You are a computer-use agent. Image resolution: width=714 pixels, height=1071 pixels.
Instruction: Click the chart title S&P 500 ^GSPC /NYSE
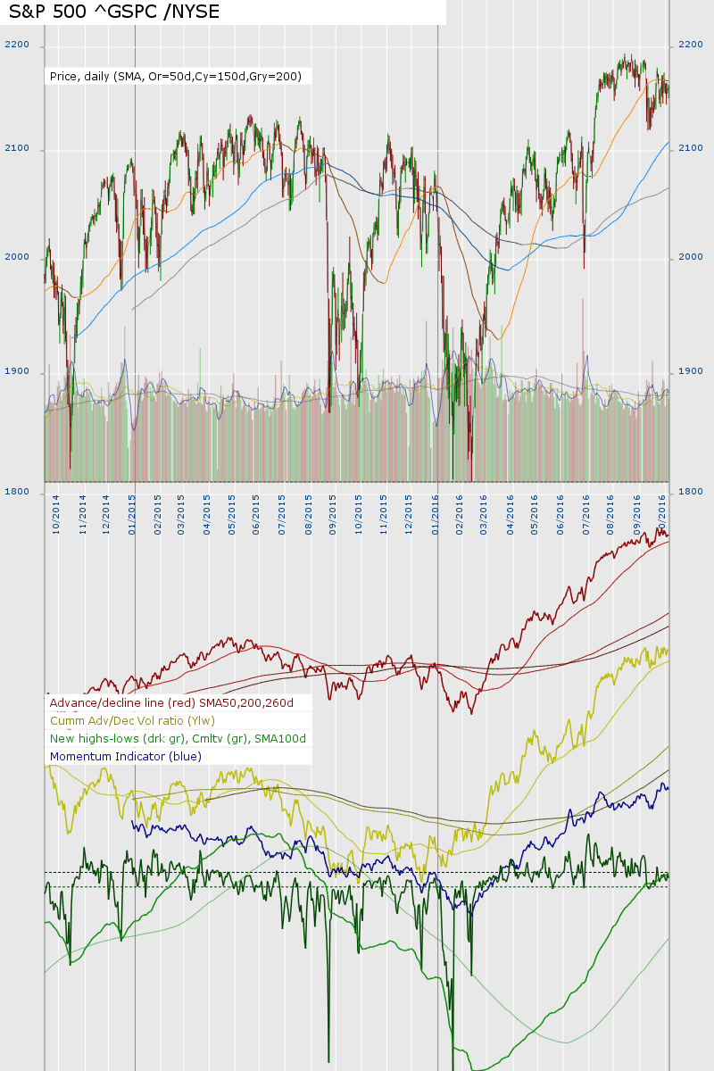113,12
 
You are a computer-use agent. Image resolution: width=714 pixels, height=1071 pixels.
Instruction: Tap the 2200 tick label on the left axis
17,45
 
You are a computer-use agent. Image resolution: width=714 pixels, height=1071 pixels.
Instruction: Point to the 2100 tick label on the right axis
692,148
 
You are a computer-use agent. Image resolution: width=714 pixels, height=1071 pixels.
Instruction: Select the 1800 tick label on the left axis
17,492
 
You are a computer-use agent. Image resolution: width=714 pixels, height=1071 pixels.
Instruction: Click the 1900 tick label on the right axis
692,372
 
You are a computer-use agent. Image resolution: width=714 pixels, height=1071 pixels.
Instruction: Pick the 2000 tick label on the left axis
17,258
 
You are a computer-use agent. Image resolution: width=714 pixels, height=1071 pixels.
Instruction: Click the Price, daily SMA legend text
175,77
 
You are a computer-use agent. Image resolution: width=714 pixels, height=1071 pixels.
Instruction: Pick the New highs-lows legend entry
178,738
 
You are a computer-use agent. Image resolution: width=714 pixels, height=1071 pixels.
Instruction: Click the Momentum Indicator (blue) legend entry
126,756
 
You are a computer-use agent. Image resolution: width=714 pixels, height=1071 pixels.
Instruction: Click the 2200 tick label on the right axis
692,45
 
